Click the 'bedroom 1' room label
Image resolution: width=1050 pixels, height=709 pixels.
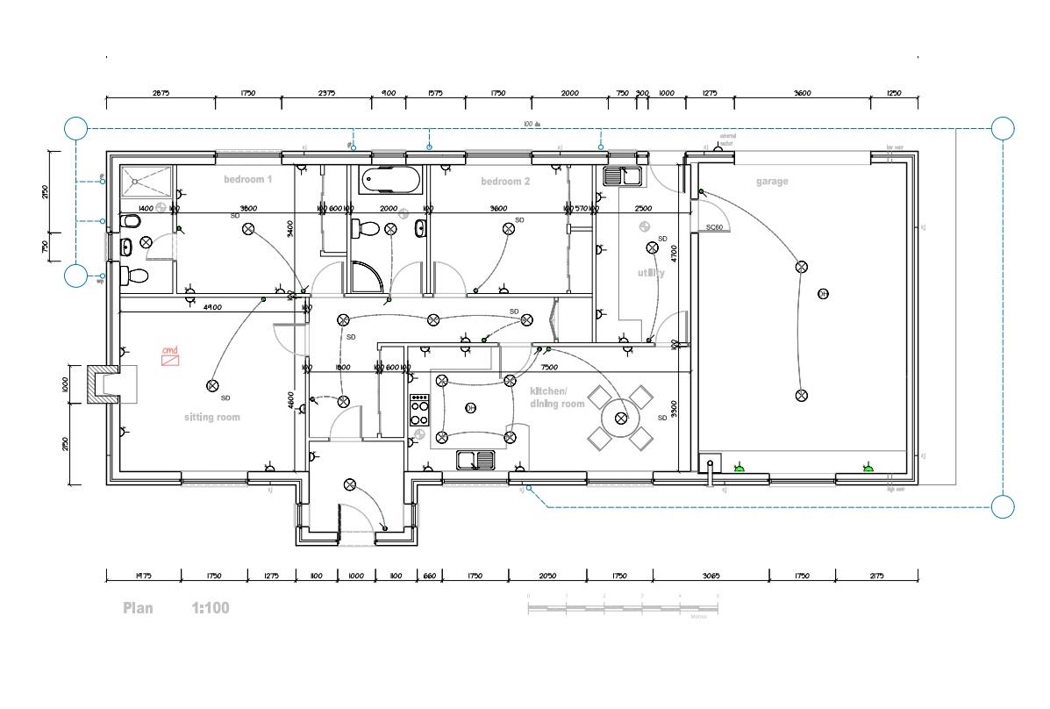[x=247, y=179]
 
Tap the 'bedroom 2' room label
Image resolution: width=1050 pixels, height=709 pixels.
[x=505, y=182]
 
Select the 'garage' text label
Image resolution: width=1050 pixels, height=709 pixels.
[x=772, y=182]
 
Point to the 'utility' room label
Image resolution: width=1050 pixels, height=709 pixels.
[x=651, y=273]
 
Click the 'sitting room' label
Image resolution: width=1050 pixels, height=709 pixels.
[x=211, y=417]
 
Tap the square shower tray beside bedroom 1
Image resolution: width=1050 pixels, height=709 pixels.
[x=146, y=182]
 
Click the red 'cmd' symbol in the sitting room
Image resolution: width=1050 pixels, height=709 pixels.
[x=169, y=355]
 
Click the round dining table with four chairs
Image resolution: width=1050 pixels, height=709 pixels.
[x=621, y=418]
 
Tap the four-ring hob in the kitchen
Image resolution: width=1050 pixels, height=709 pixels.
[x=420, y=410]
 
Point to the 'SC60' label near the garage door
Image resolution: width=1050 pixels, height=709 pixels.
[x=714, y=227]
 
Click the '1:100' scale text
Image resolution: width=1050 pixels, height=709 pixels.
[x=211, y=607]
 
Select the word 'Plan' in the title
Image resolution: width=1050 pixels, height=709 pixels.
[x=138, y=607]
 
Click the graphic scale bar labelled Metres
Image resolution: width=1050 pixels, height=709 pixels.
[x=623, y=608]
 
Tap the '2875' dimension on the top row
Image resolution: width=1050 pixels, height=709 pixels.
[x=161, y=93]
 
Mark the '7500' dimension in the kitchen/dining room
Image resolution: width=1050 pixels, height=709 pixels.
[x=549, y=368]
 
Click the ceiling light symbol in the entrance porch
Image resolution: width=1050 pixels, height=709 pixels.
[x=350, y=483]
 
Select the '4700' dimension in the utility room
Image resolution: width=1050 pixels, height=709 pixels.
[x=675, y=254]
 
